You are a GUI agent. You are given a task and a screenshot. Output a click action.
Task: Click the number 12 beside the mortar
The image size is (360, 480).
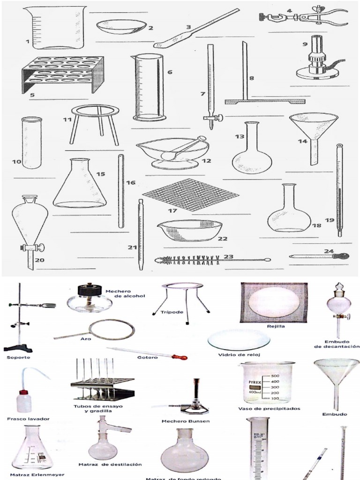click(206, 160)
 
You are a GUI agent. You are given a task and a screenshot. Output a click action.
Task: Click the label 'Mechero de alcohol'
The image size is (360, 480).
click(119, 293)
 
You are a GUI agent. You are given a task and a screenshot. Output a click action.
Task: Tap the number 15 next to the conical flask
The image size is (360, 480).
click(100, 174)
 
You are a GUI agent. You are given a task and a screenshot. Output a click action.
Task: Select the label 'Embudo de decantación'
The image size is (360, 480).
click(336, 344)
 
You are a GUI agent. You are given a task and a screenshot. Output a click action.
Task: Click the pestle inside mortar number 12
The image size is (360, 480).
click(183, 148)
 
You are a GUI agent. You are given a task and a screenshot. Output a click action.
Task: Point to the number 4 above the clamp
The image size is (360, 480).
click(289, 11)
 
